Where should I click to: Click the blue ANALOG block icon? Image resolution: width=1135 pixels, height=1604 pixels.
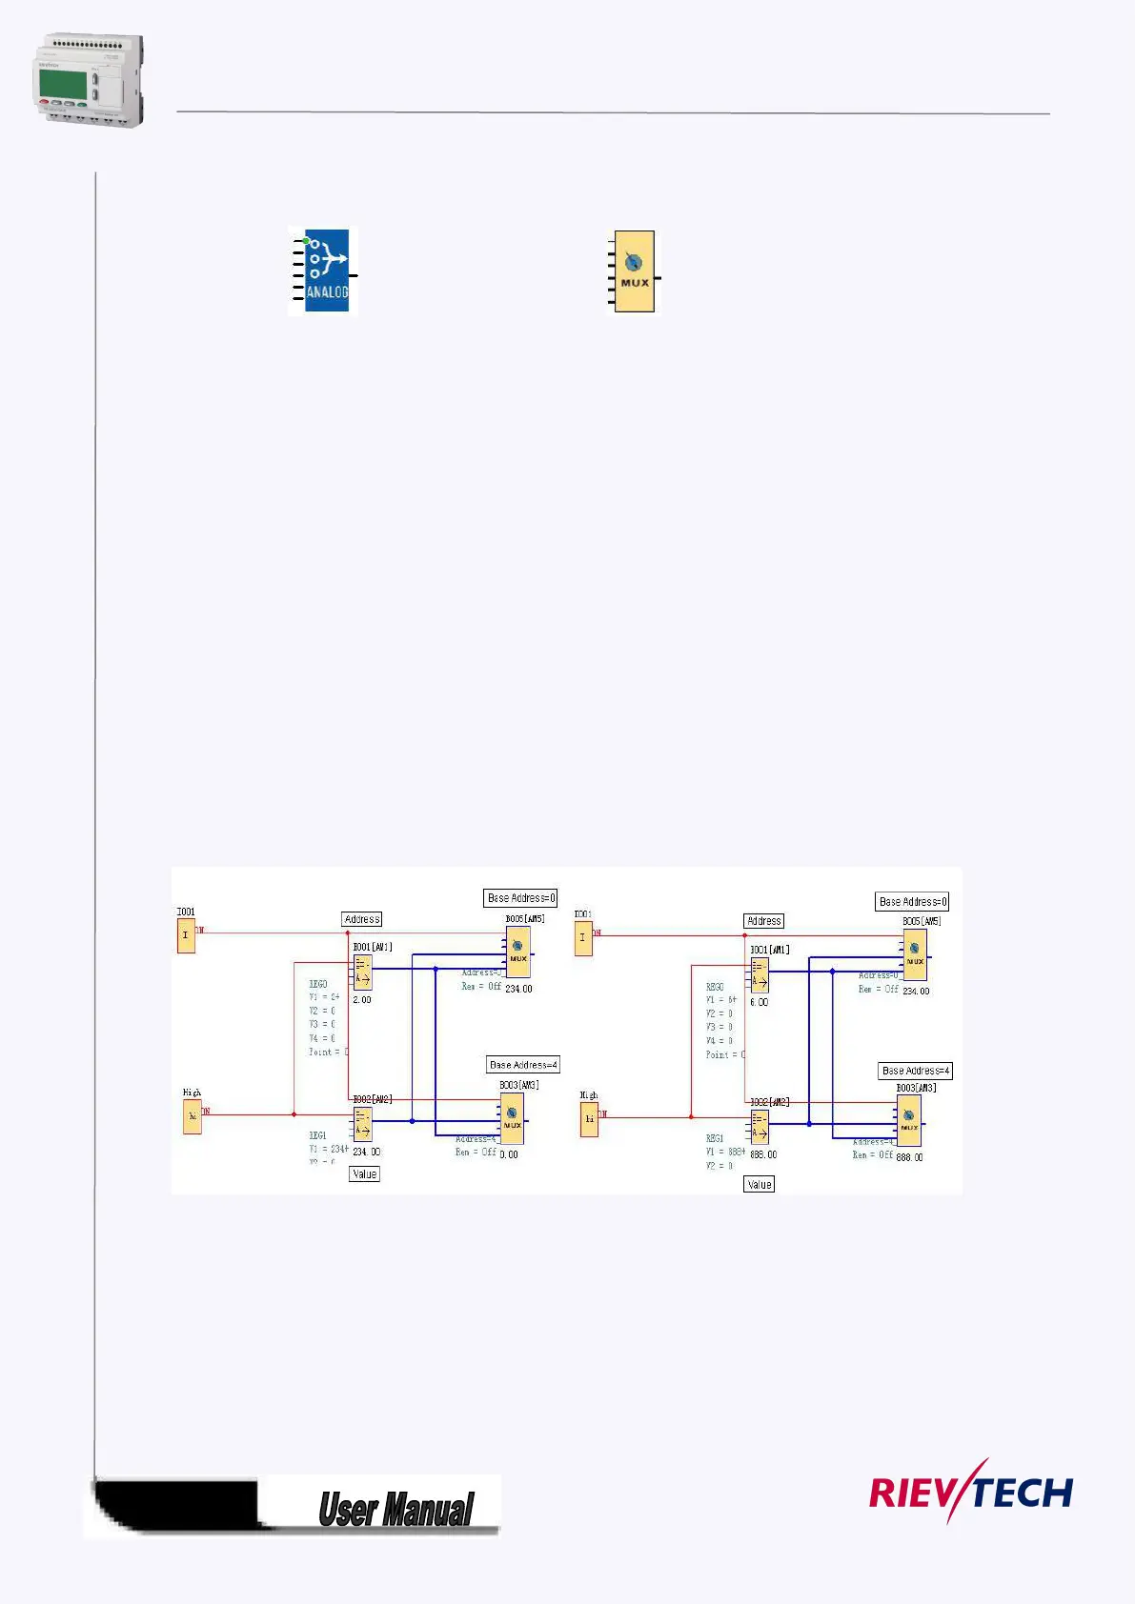[326, 271]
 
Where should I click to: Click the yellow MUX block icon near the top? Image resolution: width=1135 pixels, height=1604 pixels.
[634, 271]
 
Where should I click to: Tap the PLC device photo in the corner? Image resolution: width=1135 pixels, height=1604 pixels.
[89, 80]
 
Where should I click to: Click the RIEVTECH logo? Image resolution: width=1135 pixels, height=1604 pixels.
[970, 1491]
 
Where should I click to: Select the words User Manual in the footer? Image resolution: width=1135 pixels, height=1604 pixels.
[395, 1510]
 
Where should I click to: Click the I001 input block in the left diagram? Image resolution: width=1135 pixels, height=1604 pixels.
[186, 935]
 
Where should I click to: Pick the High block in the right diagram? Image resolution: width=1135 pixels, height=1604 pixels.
[589, 1118]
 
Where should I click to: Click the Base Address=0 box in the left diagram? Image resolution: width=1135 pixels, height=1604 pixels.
[520, 898]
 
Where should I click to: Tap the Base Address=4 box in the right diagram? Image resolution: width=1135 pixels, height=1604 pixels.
[915, 1071]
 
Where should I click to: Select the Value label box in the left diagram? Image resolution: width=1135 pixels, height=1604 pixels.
[364, 1174]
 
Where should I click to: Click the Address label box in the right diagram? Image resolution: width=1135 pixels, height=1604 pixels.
[763, 921]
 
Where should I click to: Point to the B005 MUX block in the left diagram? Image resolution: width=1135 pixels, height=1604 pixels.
[517, 952]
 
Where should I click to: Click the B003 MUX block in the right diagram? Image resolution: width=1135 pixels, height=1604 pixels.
[909, 1121]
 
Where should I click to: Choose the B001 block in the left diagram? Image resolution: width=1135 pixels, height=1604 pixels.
[362, 972]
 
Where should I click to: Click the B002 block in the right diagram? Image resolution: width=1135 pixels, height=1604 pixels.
[760, 1128]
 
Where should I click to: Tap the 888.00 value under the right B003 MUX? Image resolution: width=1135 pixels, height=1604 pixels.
[909, 1157]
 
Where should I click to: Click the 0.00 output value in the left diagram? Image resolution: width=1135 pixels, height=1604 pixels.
[509, 1154]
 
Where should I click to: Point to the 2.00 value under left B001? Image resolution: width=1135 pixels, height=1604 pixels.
[362, 1000]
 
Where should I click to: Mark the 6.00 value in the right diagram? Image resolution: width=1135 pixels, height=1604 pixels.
[759, 1002]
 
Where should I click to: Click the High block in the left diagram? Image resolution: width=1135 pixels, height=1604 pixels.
[193, 1116]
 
